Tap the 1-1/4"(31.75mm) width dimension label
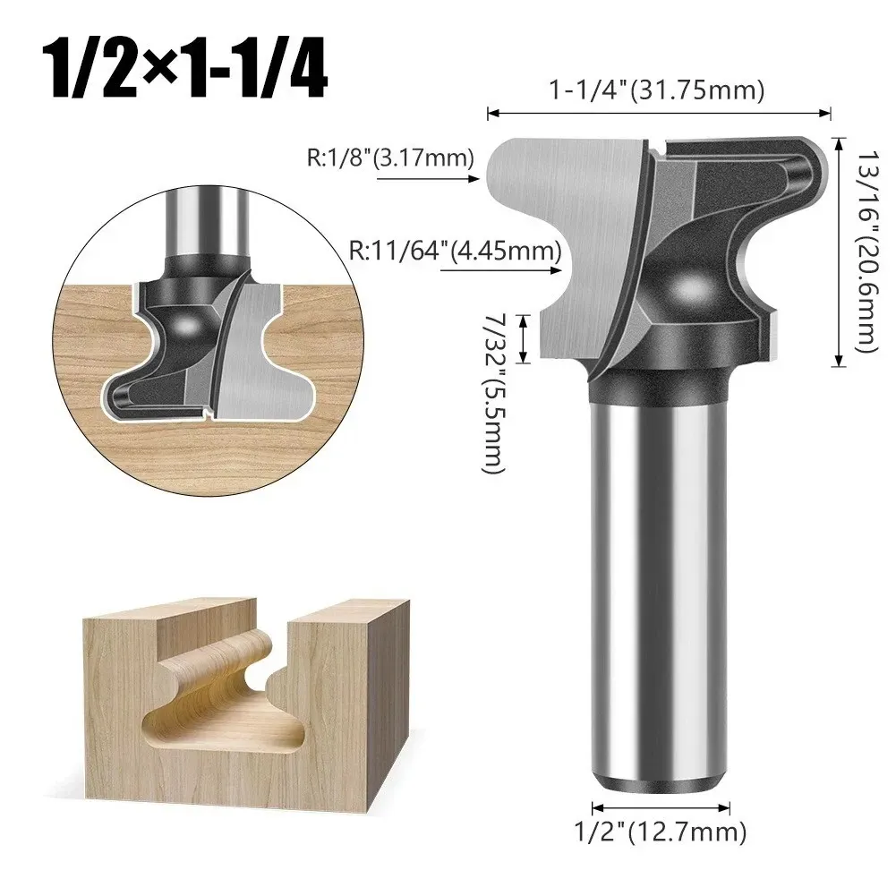(x=657, y=90)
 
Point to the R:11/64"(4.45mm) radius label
(x=456, y=251)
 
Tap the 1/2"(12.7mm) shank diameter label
(x=661, y=832)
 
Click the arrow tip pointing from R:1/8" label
(x=479, y=179)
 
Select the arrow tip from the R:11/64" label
(x=561, y=269)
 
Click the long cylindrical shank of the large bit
(x=660, y=589)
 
